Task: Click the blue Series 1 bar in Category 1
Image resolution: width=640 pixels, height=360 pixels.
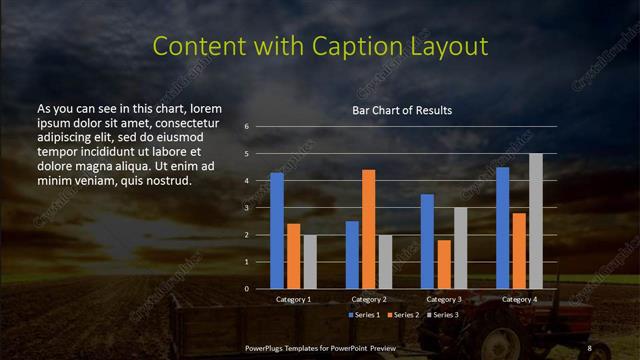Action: [x=277, y=231]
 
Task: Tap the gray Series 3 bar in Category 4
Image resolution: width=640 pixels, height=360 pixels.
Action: [x=535, y=221]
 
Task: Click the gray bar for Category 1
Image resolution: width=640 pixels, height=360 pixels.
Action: [x=310, y=262]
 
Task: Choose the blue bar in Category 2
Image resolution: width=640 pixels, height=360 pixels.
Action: [x=352, y=255]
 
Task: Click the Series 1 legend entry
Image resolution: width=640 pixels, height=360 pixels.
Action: [x=362, y=315]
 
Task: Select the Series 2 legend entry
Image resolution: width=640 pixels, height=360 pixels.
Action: [x=402, y=315]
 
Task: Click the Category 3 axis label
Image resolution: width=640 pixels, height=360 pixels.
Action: [x=444, y=299]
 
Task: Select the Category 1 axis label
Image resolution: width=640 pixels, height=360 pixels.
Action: [x=293, y=299]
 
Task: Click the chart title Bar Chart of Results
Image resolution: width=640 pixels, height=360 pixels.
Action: [x=402, y=110]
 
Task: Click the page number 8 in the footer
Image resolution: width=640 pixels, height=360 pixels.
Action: [x=590, y=346]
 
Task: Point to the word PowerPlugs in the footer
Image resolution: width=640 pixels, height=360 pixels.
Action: [x=268, y=346]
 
